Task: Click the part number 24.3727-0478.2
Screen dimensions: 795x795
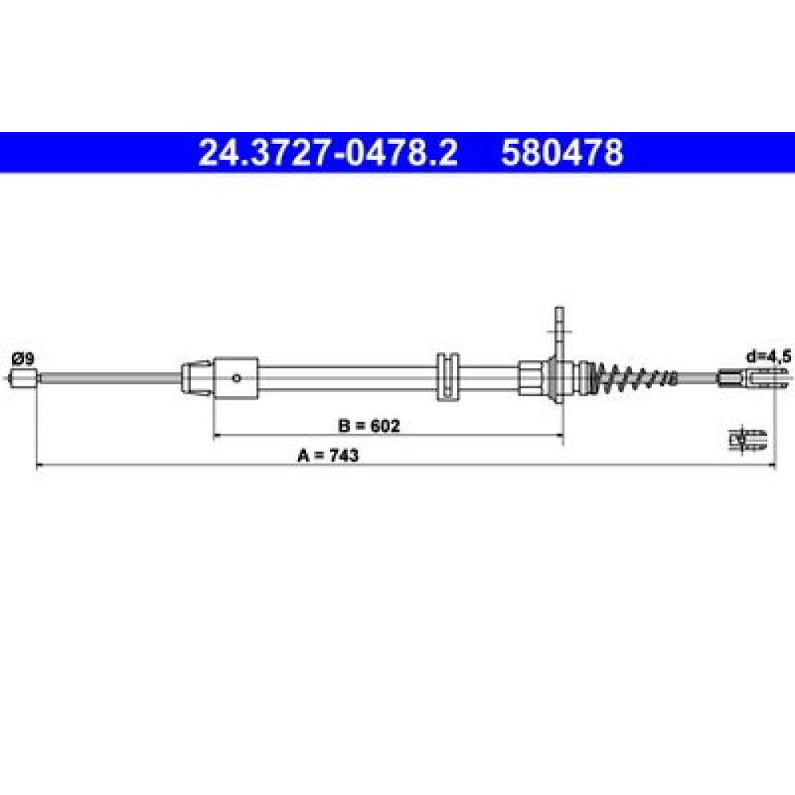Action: point(328,153)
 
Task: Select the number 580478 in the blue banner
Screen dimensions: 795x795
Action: point(562,153)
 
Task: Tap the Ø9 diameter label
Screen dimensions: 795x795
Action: point(23,359)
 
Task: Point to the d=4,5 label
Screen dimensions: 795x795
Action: point(768,357)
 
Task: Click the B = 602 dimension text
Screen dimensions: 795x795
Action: point(369,425)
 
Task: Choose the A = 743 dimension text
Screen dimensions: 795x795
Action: point(328,456)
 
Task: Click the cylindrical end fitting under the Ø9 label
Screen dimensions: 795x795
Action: point(24,378)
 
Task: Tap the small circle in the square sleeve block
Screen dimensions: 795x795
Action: point(236,378)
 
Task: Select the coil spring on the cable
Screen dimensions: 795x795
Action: point(636,378)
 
